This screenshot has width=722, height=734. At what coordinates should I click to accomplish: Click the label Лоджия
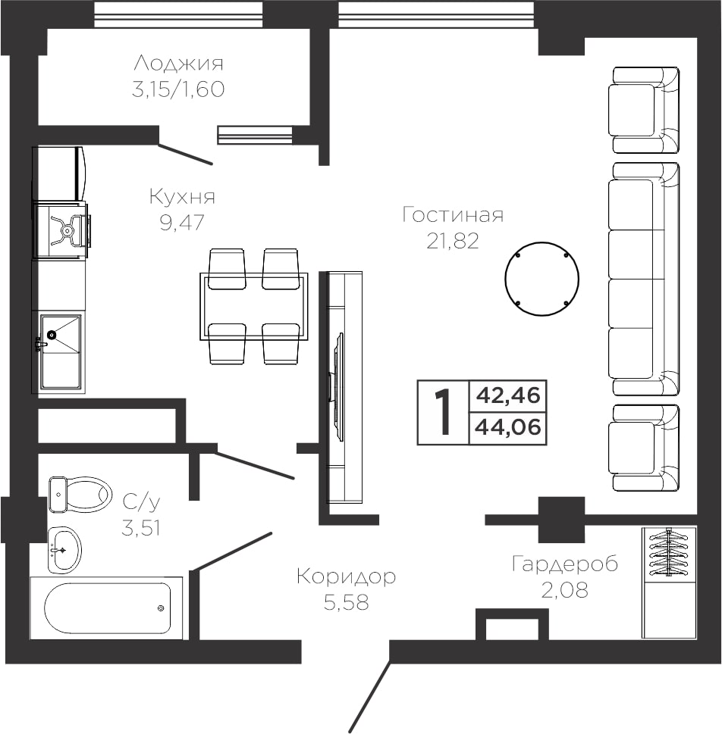[179, 63]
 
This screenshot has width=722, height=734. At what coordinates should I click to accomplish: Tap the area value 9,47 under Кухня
[182, 223]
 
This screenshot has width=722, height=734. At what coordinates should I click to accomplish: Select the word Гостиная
[453, 215]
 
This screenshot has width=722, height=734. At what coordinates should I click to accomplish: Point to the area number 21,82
[453, 241]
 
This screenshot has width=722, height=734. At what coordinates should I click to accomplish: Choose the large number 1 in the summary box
[443, 412]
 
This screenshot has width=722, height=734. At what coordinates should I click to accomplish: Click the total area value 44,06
[507, 427]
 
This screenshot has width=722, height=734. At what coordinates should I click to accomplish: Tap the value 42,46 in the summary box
[507, 395]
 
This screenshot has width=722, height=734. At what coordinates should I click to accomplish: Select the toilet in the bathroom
[80, 495]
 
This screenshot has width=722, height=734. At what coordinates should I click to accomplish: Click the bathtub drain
[161, 608]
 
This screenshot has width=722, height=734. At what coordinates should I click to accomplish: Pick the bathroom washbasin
[64, 549]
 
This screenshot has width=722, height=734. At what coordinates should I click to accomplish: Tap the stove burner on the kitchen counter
[67, 230]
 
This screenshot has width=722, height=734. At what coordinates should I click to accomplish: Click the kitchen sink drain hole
[51, 335]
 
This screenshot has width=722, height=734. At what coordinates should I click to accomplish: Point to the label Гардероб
[564, 564]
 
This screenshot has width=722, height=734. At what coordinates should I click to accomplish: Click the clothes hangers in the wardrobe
[667, 552]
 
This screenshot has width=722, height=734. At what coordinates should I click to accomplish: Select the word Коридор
[346, 576]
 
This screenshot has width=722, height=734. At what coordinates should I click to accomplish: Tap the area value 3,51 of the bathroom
[140, 529]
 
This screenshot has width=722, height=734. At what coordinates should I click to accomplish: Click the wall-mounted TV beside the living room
[337, 386]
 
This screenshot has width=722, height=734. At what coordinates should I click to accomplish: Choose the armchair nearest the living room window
[645, 110]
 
